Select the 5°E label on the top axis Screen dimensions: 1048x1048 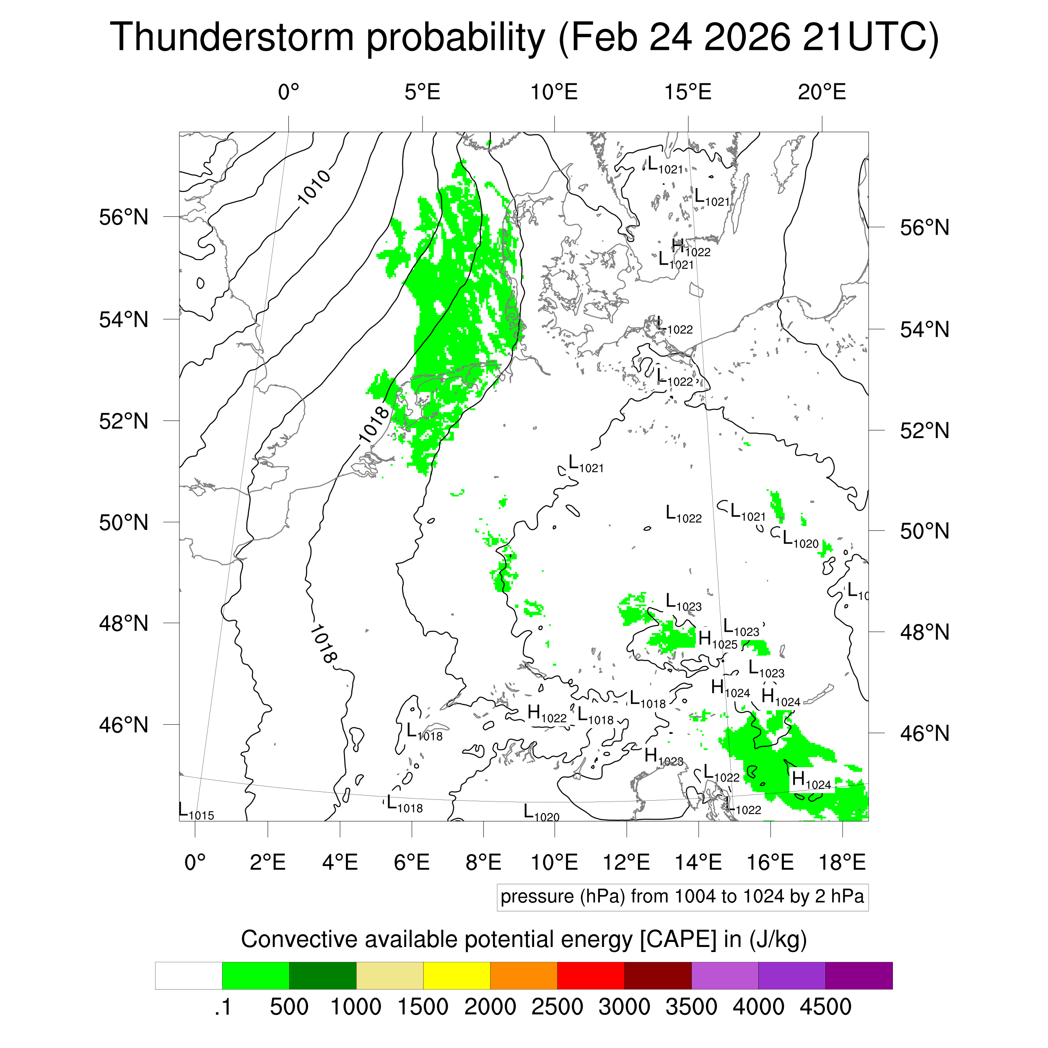pyautogui.click(x=422, y=92)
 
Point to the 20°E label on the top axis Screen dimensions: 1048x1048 pyautogui.click(x=821, y=92)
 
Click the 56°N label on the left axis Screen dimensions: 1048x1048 pyautogui.click(x=124, y=218)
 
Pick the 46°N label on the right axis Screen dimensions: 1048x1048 pyautogui.click(x=924, y=733)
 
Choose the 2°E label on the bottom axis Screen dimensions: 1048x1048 pyautogui.click(x=267, y=862)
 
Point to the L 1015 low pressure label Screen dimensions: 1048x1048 pyautogui.click(x=196, y=812)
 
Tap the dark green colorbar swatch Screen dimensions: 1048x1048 pyautogui.click(x=322, y=975)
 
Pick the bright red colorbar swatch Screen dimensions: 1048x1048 pyautogui.click(x=590, y=975)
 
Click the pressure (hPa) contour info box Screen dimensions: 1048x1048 pyautogui.click(x=682, y=896)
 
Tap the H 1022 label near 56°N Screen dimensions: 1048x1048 pyautogui.click(x=690, y=248)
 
